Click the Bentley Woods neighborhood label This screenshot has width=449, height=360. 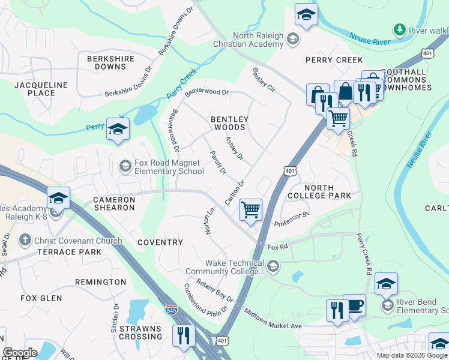[228, 124]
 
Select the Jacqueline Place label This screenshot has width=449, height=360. [41, 89]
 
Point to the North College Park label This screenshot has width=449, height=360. [319, 191]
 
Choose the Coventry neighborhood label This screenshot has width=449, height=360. [160, 242]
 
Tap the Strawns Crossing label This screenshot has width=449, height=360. [140, 332]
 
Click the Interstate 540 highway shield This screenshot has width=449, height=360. [170, 310]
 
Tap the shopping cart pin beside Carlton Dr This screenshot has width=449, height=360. [250, 210]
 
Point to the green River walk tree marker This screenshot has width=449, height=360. [399, 30]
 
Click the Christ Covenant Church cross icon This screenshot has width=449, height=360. [25, 241]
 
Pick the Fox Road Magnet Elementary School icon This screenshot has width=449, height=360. [125, 165]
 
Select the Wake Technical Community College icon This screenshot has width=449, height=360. [273, 265]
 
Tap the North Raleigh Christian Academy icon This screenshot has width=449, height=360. [292, 40]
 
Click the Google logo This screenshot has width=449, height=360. [20, 353]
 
